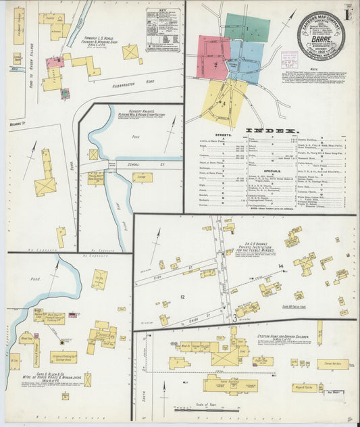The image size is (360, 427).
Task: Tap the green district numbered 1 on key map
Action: tap(247, 28)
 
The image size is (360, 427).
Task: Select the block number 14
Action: tap(280, 267)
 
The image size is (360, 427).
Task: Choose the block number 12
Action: tap(182, 297)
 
